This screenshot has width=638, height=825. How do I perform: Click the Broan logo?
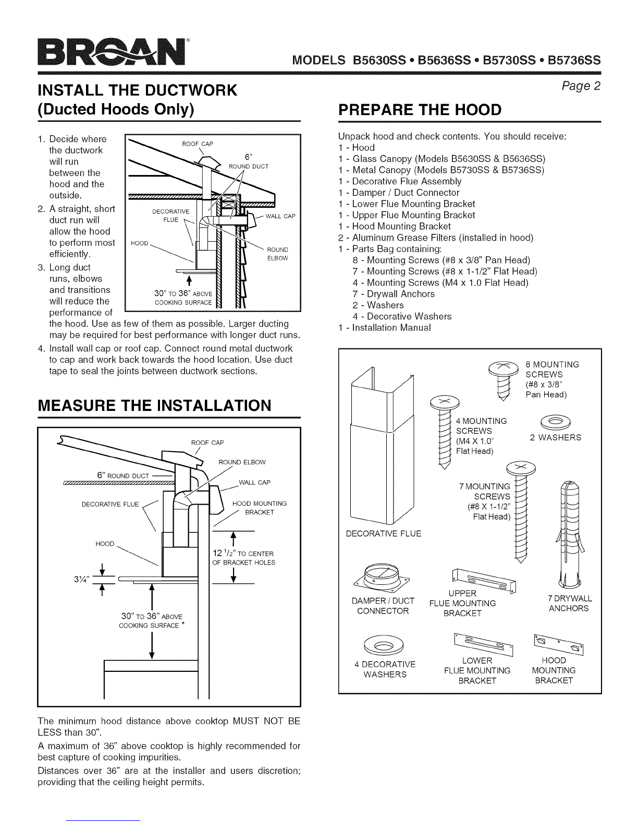112,52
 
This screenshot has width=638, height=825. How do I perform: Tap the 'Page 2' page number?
581,86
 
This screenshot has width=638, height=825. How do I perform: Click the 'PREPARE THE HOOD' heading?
420,110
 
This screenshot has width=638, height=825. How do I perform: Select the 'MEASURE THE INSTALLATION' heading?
154,406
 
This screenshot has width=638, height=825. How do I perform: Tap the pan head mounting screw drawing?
503,380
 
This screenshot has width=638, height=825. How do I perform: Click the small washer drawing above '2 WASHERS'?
555,421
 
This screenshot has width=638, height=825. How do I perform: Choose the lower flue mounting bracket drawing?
483,644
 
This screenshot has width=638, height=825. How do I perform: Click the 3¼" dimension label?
82,580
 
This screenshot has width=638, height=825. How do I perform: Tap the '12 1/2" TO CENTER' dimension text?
243,553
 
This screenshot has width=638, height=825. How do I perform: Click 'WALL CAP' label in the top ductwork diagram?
280,216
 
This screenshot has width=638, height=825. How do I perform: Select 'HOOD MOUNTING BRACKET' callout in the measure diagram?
260,508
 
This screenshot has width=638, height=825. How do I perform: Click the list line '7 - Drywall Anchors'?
394,294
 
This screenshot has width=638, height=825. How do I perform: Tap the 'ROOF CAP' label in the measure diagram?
207,443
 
